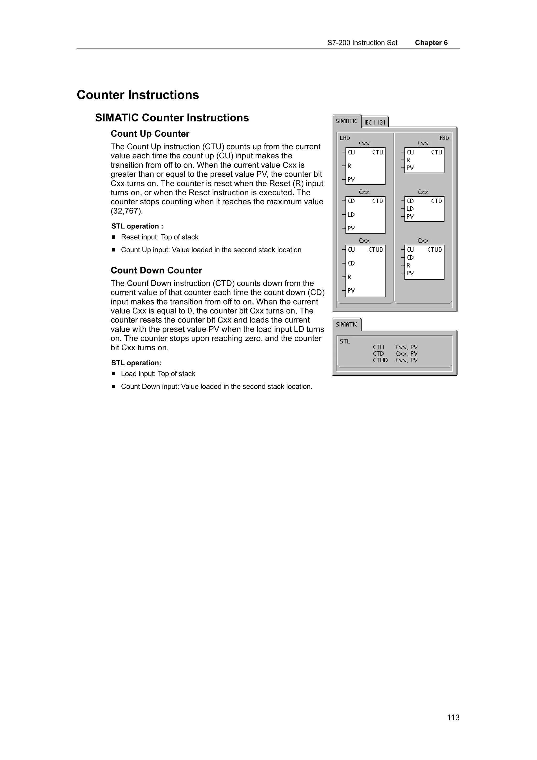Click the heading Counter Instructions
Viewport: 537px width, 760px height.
click(138, 95)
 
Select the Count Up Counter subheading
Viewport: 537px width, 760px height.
click(150, 134)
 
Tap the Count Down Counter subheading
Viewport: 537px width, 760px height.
click(156, 270)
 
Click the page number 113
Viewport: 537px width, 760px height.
click(453, 717)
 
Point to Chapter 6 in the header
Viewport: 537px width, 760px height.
click(431, 43)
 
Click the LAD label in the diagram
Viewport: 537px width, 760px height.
click(345, 138)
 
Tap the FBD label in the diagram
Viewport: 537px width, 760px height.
click(444, 138)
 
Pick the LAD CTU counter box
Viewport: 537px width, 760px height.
click(365, 166)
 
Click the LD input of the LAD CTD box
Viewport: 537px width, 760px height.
click(351, 215)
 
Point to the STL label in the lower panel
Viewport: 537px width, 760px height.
click(345, 341)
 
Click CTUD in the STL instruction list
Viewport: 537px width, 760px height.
click(380, 360)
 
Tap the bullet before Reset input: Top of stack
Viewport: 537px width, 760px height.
click(114, 237)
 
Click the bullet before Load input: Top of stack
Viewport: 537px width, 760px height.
click(114, 374)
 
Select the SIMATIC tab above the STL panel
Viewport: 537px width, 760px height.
click(346, 324)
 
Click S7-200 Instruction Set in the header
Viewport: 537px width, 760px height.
click(362, 43)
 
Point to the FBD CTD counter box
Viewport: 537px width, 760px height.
click(424, 209)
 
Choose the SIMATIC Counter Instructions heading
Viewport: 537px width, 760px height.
click(172, 118)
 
